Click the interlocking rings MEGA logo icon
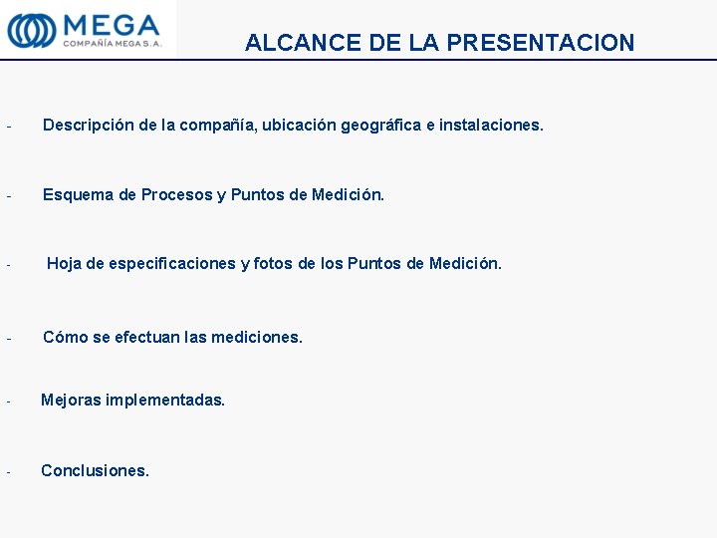click(x=32, y=29)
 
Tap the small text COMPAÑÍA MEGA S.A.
click(x=112, y=43)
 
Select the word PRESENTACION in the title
click(x=541, y=43)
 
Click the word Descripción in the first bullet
click(x=89, y=126)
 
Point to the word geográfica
click(x=379, y=126)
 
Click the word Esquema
click(x=78, y=194)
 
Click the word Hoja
click(x=65, y=263)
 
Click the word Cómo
click(x=65, y=337)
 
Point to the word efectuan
click(x=147, y=337)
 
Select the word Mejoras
click(x=71, y=400)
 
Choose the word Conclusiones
click(x=95, y=470)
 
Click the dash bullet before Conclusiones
click(x=7, y=471)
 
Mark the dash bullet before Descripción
click(x=7, y=127)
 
